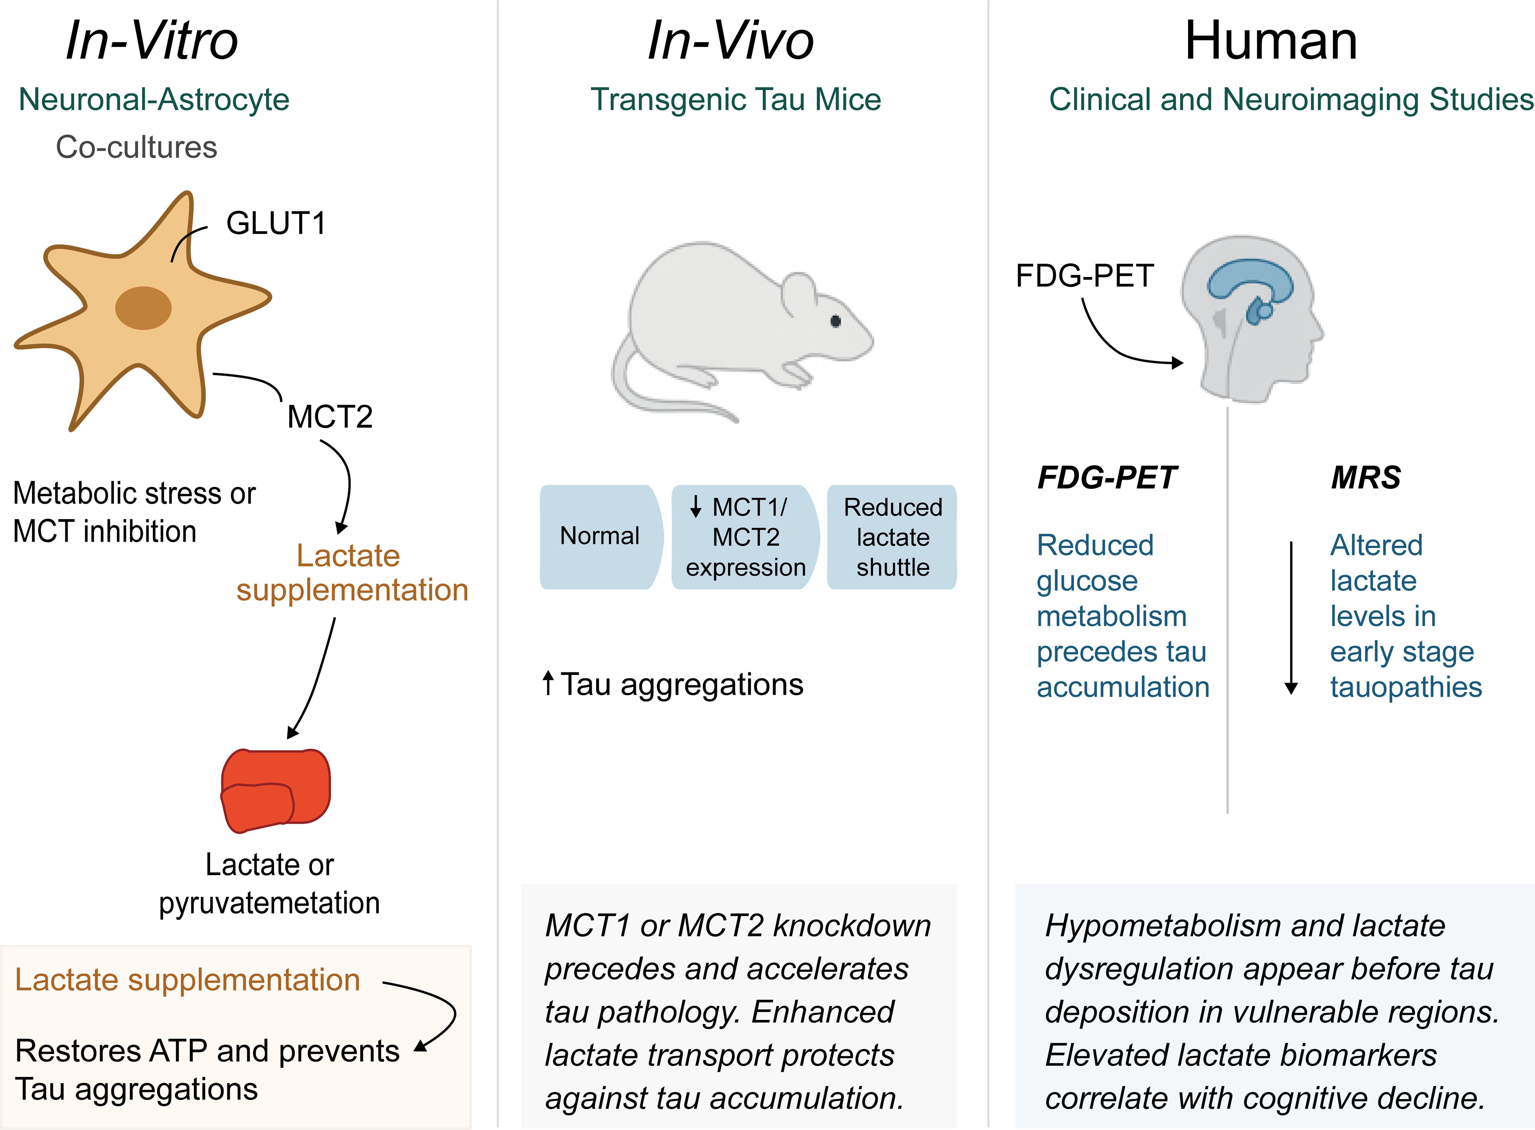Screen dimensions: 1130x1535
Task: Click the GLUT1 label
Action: point(276,224)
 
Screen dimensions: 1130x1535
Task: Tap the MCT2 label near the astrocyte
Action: point(330,417)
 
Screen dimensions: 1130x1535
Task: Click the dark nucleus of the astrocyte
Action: point(143,308)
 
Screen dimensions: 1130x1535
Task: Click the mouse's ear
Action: point(799,294)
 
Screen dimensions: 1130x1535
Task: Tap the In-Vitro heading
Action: point(152,41)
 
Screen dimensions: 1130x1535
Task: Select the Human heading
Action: point(1270,41)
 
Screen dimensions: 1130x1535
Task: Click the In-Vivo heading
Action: point(730,41)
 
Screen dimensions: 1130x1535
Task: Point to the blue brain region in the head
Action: point(1250,280)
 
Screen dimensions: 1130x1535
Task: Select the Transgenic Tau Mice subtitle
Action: point(736,100)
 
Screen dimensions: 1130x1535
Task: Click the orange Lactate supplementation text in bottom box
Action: point(187,980)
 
